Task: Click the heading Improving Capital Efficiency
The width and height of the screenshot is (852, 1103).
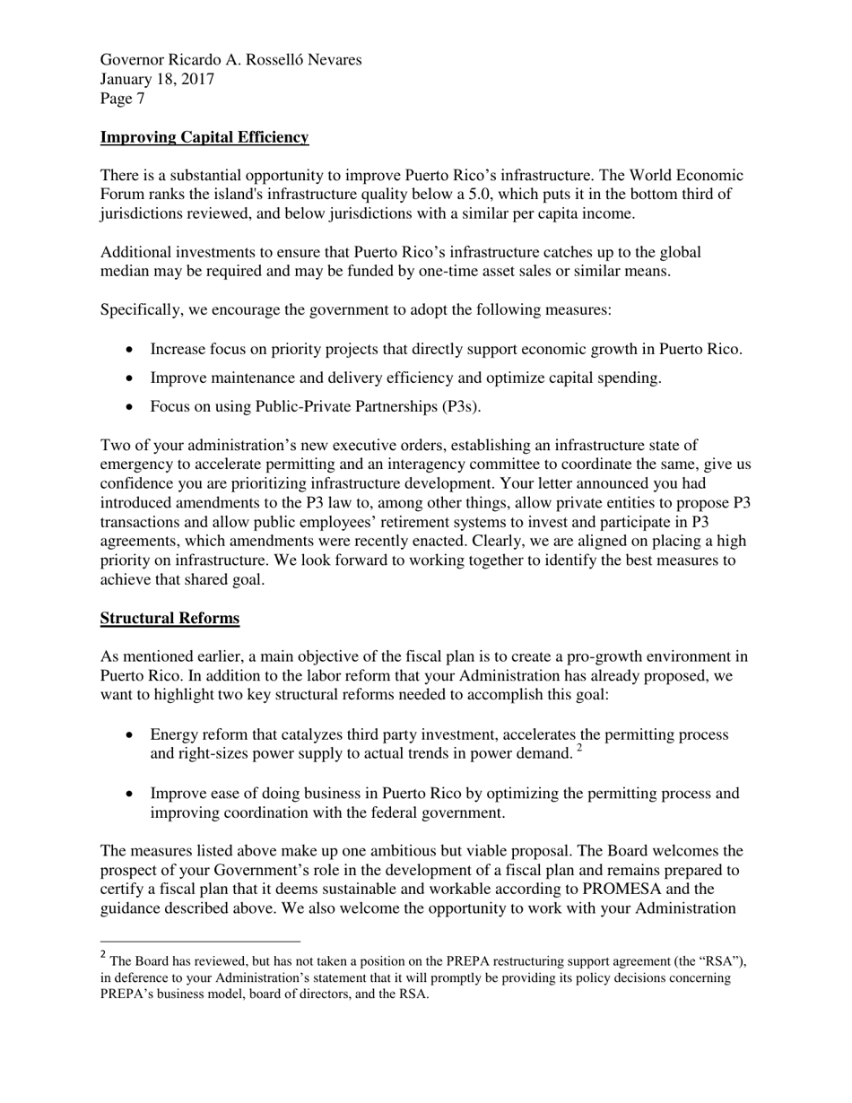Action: [204, 137]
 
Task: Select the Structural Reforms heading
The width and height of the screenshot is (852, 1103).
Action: [170, 619]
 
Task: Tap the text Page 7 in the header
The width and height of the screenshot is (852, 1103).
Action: [122, 99]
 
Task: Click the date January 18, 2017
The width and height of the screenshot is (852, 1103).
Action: [157, 79]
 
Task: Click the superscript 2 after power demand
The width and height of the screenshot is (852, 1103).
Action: [579, 749]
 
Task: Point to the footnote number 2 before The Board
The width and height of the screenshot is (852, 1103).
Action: [104, 955]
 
